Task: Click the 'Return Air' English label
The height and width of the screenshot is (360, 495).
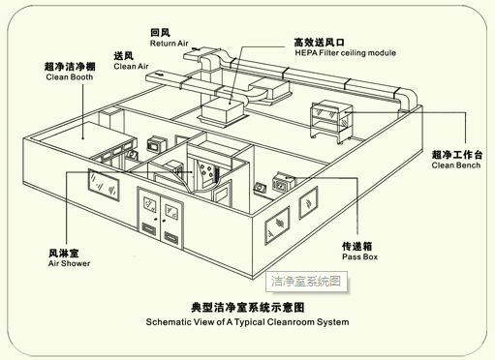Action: [x=169, y=44]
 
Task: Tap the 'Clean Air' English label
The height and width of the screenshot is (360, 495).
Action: [x=131, y=67]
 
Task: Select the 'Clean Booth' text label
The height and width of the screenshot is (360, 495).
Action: [x=70, y=77]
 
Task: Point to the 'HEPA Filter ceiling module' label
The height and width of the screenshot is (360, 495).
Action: [x=345, y=53]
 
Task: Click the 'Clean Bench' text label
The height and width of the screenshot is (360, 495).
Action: [x=456, y=165]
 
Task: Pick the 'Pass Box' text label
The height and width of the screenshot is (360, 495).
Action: [x=359, y=256]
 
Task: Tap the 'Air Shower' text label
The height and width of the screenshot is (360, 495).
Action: [x=69, y=263]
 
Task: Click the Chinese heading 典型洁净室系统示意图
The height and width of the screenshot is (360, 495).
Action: [x=248, y=308]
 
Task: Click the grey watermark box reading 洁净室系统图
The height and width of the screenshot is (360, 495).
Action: [x=306, y=282]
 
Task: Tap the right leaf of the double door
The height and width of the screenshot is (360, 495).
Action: [x=171, y=224]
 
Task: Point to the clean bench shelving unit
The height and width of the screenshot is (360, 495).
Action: [x=331, y=122]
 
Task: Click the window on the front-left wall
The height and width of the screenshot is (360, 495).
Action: [x=104, y=185]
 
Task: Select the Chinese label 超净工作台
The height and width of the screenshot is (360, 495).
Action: [x=457, y=155]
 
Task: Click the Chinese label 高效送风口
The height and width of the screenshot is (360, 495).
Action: [x=319, y=43]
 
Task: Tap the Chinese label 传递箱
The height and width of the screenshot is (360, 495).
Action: [x=357, y=246]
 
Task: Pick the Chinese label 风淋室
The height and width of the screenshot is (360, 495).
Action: [x=64, y=253]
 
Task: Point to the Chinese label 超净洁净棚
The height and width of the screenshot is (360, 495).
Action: [x=70, y=67]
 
